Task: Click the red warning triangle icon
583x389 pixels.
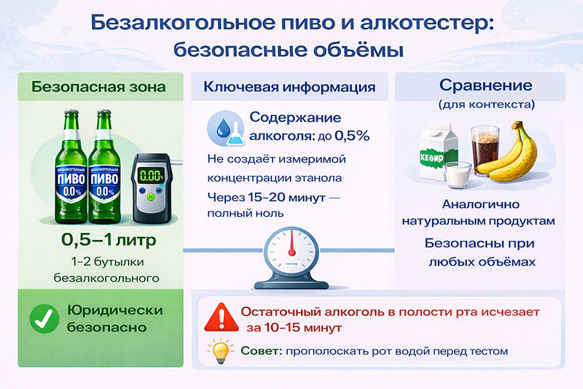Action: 219,318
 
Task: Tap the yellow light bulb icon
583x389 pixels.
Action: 219,352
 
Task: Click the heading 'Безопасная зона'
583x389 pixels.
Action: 98,88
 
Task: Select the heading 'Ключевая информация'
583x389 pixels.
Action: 289,88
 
